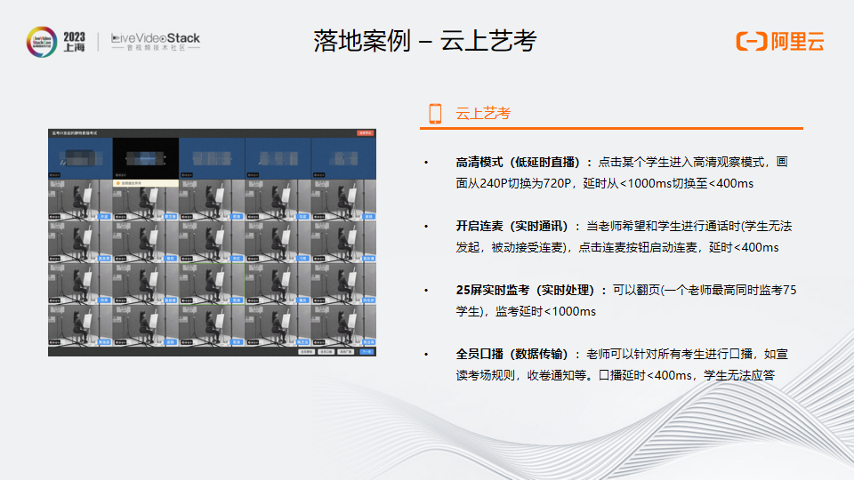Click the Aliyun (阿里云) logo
tap(780, 41)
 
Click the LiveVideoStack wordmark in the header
tap(156, 39)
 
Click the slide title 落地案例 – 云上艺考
tap(425, 41)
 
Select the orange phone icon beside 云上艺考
tap(435, 113)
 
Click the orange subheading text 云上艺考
tap(483, 113)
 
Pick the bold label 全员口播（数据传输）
tap(518, 354)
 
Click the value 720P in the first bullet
tap(551, 184)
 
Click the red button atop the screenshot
tap(365, 132)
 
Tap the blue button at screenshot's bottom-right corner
tap(367, 352)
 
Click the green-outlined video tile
tap(211, 283)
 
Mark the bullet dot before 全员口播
tap(426, 354)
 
